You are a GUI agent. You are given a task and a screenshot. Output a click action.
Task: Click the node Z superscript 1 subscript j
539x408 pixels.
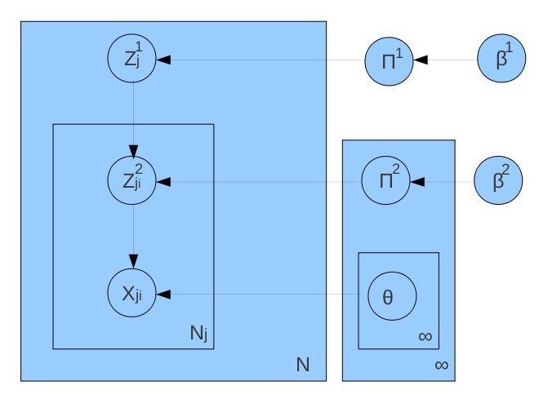[132, 60]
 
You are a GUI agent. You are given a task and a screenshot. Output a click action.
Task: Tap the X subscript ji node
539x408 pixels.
[132, 294]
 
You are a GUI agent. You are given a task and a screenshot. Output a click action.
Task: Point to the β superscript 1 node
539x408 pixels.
[500, 60]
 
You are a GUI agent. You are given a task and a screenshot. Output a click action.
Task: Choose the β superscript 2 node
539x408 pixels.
[500, 180]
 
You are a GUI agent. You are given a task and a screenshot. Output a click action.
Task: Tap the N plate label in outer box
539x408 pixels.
[303, 365]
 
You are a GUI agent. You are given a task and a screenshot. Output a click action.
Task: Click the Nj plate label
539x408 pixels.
[199, 333]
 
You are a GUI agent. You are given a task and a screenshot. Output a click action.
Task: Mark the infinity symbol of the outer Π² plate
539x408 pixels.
[441, 365]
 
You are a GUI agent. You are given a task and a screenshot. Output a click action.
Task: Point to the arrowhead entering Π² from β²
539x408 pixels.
[419, 181]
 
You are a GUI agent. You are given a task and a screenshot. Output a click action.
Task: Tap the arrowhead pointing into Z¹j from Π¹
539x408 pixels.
[163, 60]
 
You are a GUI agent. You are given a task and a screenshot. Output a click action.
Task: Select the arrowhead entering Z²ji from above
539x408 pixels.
[132, 151]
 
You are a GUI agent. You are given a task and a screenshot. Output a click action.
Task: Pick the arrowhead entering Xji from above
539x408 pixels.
[132, 263]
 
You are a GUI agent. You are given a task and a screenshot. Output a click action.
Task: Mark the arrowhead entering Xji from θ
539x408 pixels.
[163, 294]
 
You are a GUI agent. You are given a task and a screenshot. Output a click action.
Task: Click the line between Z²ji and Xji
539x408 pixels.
[132, 233]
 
